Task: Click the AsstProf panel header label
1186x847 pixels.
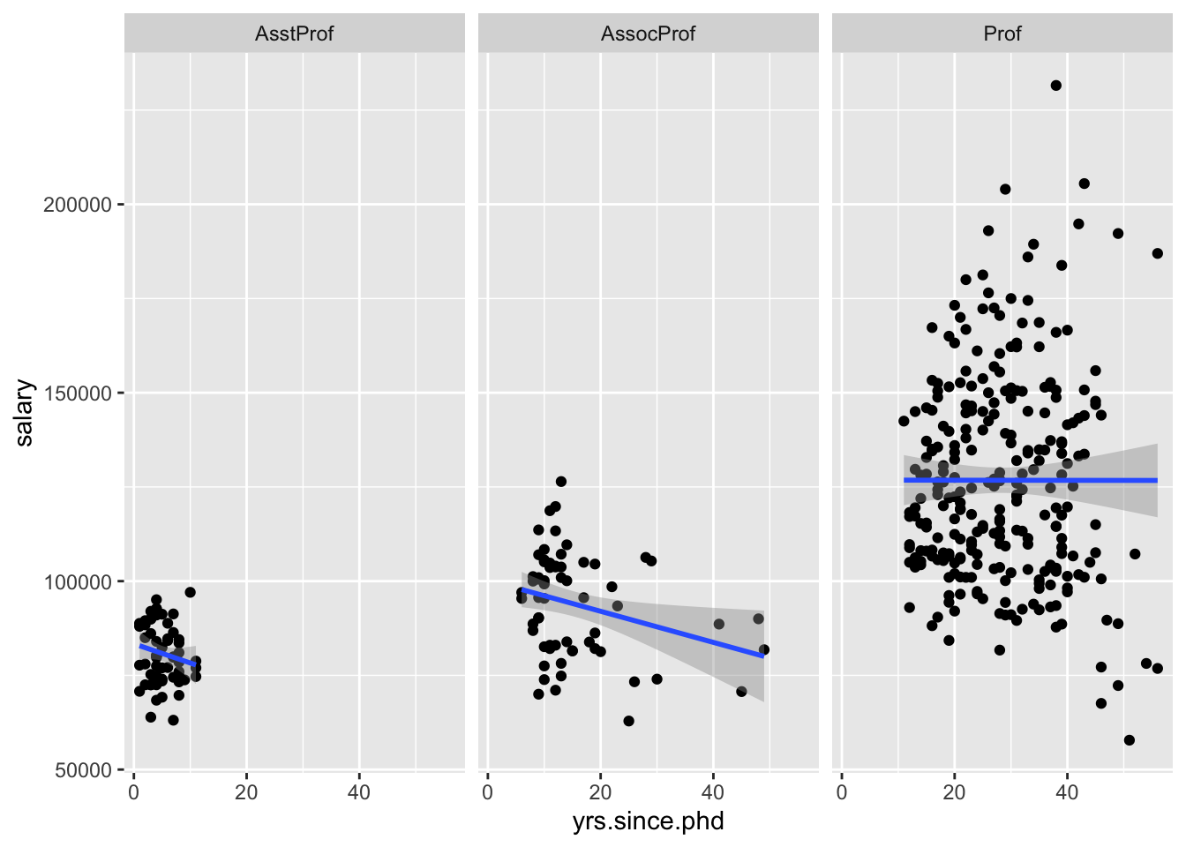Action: [x=294, y=34]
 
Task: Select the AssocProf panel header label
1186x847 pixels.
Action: [x=648, y=34]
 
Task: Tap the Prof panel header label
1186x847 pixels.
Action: [x=1002, y=34]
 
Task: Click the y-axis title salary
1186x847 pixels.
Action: [x=24, y=412]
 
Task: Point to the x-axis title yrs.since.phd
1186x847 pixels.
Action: [x=648, y=822]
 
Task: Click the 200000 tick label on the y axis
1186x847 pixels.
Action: [x=78, y=205]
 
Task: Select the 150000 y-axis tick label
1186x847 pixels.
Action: [x=78, y=394]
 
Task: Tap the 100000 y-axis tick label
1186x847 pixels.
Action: [x=78, y=582]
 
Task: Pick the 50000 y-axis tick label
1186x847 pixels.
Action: [x=83, y=770]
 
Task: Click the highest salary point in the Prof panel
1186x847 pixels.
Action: [x=1055, y=86]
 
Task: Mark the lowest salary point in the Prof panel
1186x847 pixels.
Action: [x=1129, y=740]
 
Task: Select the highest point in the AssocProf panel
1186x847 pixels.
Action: [x=560, y=482]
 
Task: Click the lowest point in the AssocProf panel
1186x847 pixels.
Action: [x=628, y=721]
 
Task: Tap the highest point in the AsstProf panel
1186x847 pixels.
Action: [x=190, y=592]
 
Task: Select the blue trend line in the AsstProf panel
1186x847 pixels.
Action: [x=168, y=656]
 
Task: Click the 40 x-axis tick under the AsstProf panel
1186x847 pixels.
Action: [x=359, y=792]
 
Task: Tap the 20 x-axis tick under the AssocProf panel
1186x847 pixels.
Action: [x=600, y=792]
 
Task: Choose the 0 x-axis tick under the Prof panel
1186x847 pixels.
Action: [x=842, y=792]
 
